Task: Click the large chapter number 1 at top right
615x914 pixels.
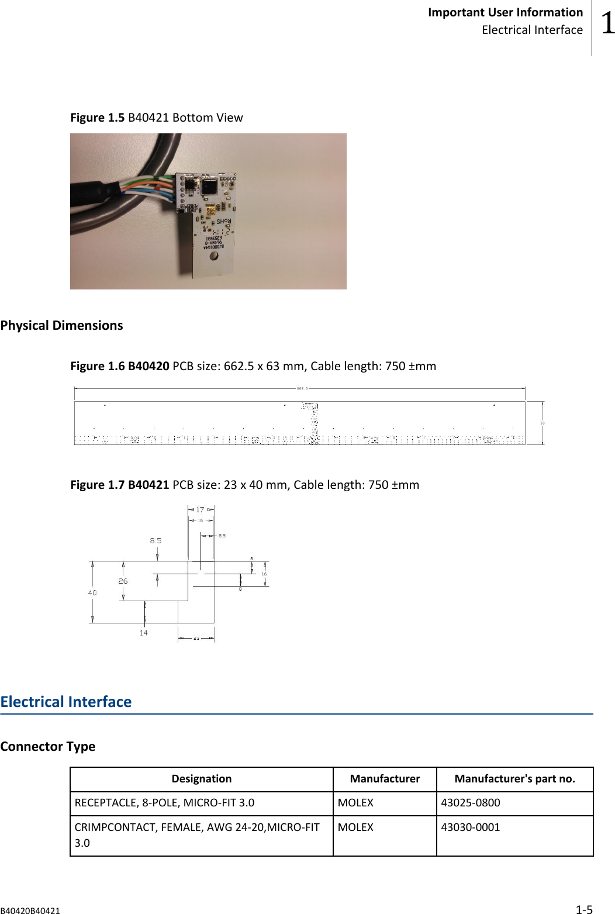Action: click(608, 23)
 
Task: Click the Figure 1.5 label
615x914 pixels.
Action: click(97, 118)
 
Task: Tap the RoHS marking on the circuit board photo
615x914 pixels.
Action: click(224, 222)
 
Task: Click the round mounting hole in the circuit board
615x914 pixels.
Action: click(214, 256)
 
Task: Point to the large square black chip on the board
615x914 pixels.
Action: click(209, 187)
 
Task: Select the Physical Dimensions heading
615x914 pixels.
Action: click(61, 326)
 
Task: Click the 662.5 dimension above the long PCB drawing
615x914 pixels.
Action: click(302, 388)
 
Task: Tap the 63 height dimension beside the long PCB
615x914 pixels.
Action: click(543, 423)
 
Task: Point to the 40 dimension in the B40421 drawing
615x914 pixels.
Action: click(92, 592)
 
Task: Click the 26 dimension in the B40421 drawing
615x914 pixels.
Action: click(123, 581)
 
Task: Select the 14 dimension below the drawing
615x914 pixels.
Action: click(143, 633)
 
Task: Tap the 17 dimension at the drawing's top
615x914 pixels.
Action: click(200, 510)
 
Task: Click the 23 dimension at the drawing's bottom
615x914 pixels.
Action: click(196, 638)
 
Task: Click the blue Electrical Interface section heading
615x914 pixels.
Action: click(66, 702)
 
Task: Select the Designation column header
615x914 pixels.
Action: click(202, 779)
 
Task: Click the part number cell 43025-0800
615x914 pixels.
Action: click(471, 803)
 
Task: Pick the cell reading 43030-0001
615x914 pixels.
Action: click(471, 827)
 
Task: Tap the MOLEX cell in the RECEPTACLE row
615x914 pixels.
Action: click(355, 803)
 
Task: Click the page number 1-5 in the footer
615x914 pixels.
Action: click(584, 909)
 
